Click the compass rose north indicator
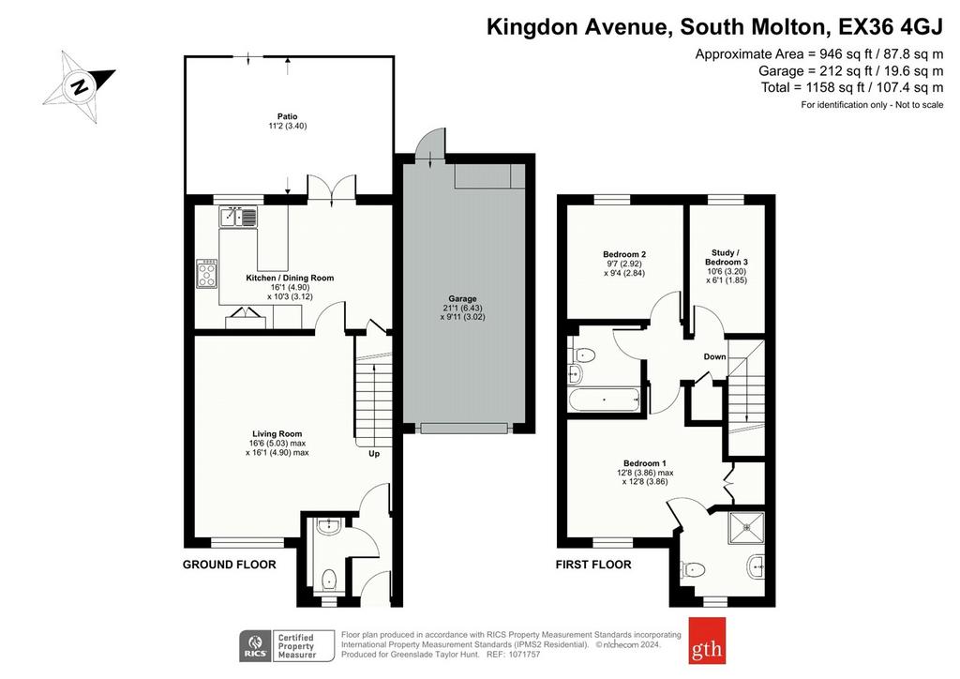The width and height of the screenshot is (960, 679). [x=79, y=86]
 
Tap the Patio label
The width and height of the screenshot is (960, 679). [x=287, y=116]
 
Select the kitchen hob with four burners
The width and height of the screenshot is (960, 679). [x=207, y=274]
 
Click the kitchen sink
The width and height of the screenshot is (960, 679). [x=239, y=216]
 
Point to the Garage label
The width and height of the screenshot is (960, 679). [x=462, y=299]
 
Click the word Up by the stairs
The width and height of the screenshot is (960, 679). [x=374, y=454]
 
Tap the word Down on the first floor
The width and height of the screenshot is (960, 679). [x=714, y=357]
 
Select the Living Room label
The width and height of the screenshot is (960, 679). [x=277, y=434]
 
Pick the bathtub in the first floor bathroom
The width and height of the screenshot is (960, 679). [x=606, y=400]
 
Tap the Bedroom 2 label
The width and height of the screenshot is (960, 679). [x=624, y=255]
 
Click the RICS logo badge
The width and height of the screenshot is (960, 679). [x=255, y=646]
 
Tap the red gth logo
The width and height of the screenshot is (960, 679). [x=707, y=641]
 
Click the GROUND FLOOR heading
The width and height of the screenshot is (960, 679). [x=230, y=565]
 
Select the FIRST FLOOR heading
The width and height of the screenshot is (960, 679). [x=593, y=565]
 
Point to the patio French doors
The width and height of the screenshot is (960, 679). [x=331, y=188]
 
